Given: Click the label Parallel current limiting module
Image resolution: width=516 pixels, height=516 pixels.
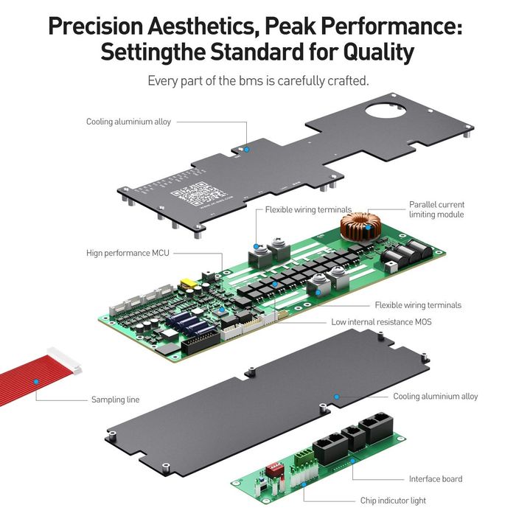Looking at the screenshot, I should point(436,209).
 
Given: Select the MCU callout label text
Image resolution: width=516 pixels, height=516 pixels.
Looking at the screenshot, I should point(128,253).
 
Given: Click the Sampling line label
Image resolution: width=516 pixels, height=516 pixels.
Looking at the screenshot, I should point(115,400).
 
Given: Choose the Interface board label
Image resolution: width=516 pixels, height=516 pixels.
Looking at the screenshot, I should point(436,479).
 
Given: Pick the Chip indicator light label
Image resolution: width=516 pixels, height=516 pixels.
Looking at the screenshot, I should point(393,501).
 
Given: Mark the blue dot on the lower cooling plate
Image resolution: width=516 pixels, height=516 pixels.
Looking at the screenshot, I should point(336,396).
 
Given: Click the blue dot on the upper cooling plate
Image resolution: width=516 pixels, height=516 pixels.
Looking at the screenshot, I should point(247,150).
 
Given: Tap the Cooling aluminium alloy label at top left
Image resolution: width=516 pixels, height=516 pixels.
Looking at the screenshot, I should point(128,122).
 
